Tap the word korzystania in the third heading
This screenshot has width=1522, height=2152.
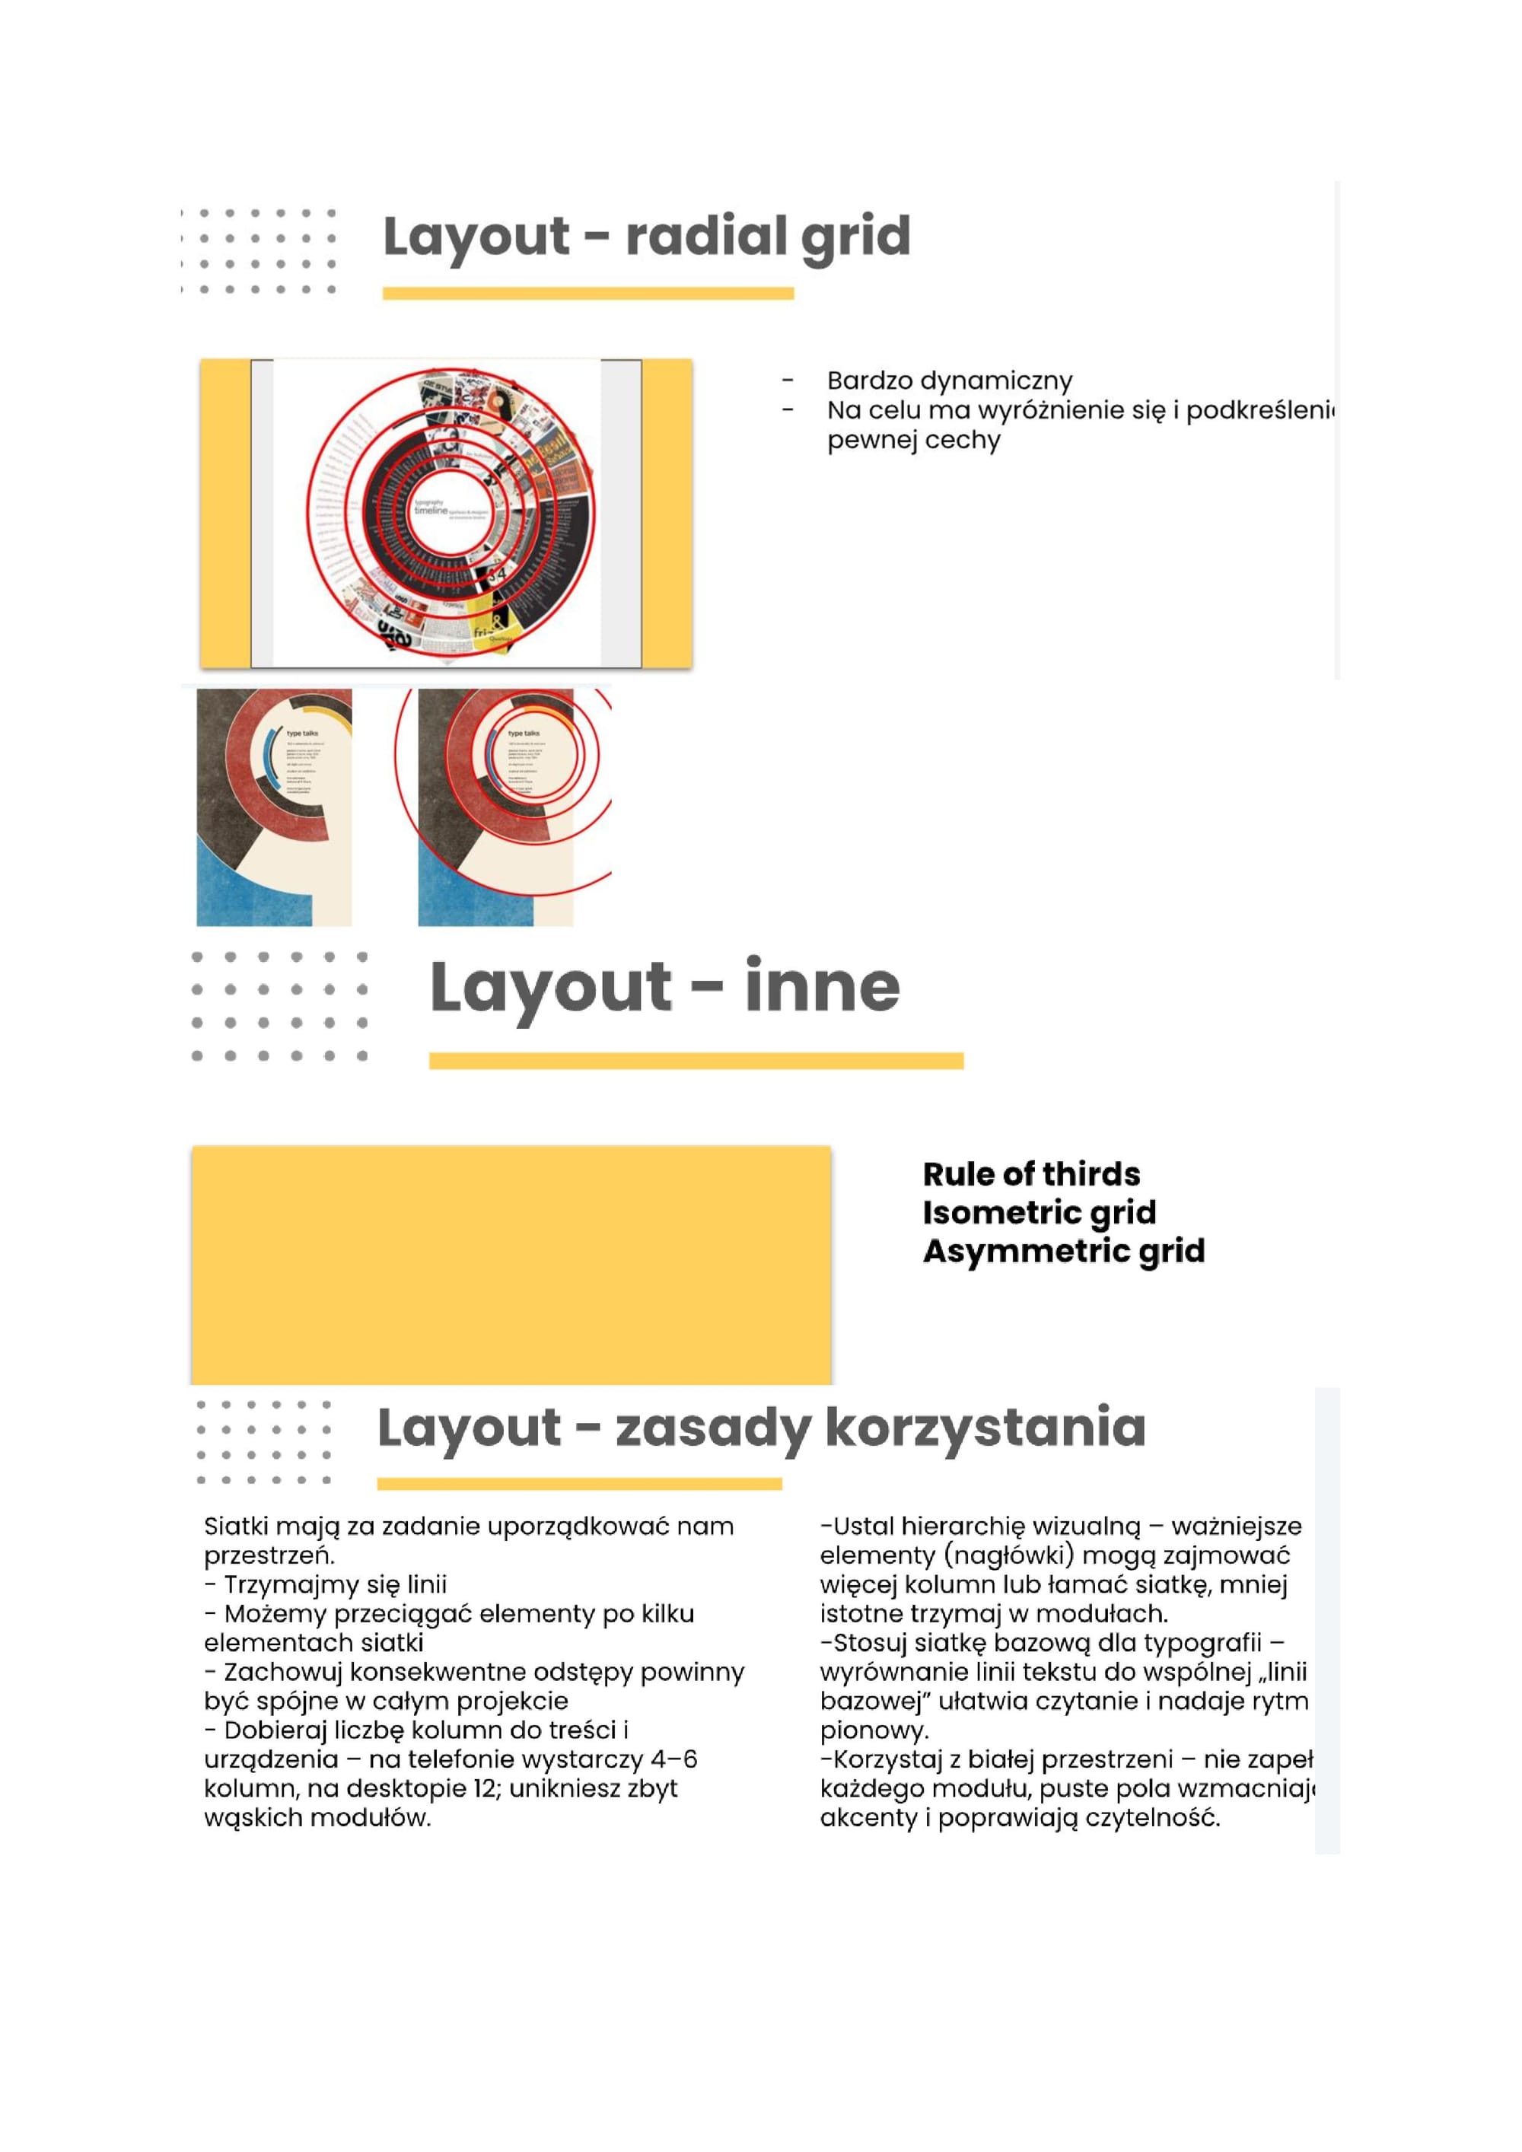pos(985,1428)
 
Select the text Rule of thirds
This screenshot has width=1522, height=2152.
pos(1031,1173)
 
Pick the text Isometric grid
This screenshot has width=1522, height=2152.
pos(1039,1212)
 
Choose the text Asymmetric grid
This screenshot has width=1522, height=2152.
pos(1063,1250)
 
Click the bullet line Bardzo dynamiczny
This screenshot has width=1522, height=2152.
pos(948,380)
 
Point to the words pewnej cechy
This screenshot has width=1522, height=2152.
pos(913,440)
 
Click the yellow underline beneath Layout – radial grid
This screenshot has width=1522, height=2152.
pos(587,294)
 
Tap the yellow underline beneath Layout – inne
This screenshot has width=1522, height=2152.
pos(696,1060)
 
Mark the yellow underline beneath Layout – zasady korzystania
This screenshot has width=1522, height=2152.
pos(578,1484)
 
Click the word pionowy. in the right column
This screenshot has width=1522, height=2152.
pos(874,1730)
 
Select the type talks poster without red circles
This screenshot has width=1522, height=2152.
pos(274,807)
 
